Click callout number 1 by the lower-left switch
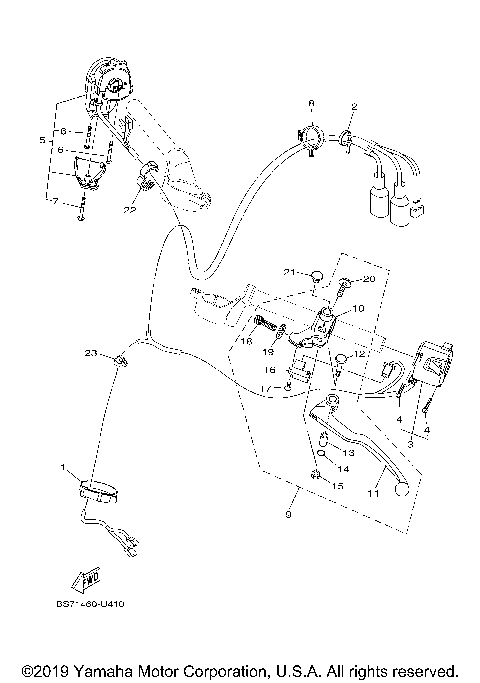click(x=64, y=468)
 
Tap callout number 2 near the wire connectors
click(x=353, y=106)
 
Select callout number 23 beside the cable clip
click(x=89, y=353)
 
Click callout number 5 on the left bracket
click(x=42, y=141)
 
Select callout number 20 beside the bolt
click(x=367, y=279)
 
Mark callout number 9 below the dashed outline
click(x=288, y=516)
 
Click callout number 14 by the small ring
click(x=341, y=468)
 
